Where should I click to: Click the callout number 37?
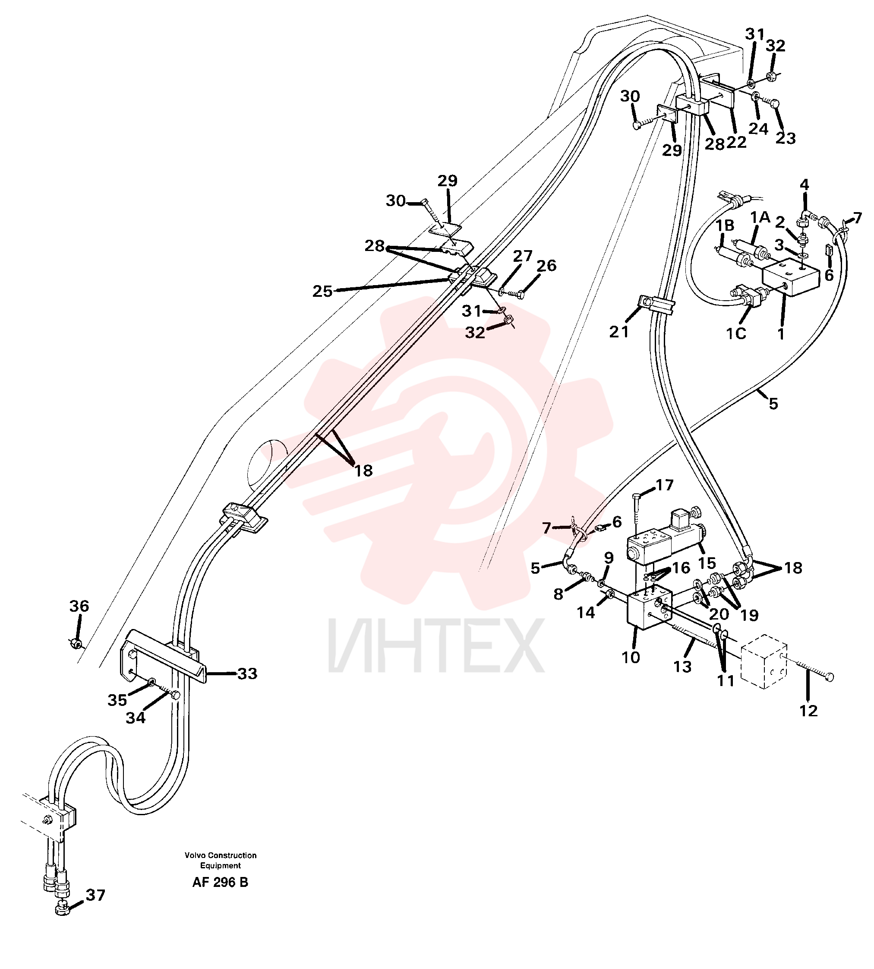point(95,895)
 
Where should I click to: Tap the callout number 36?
point(79,606)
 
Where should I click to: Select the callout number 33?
point(248,674)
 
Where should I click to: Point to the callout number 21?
point(619,331)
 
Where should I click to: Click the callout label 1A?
point(760,218)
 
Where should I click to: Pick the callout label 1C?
point(736,334)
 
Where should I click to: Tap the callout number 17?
point(665,485)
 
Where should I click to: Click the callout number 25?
point(323,291)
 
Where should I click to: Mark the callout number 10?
point(631,657)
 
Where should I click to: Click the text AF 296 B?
point(221,883)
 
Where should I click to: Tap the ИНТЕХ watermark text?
point(436,645)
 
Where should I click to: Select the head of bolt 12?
point(830,677)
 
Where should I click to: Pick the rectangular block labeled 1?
point(791,276)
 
